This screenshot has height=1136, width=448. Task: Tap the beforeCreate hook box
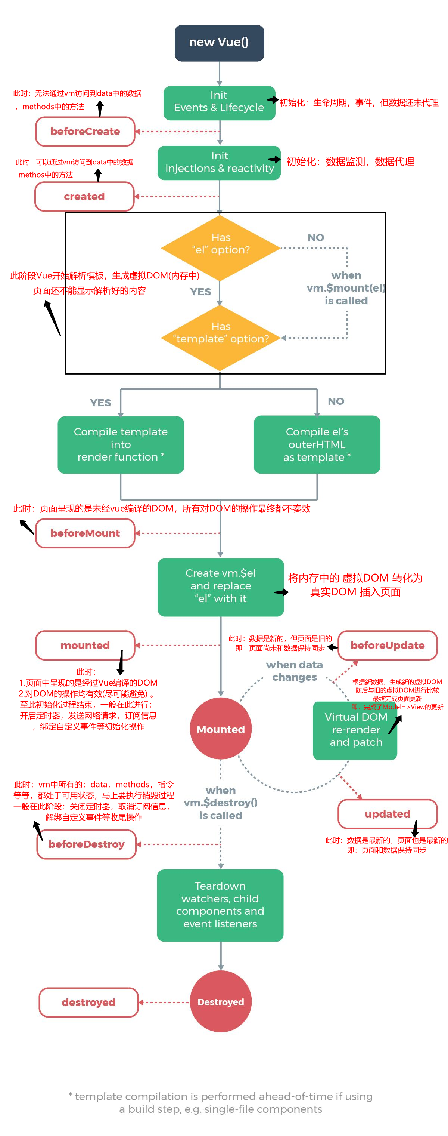[85, 132]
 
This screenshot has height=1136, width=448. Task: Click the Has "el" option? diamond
[220, 247]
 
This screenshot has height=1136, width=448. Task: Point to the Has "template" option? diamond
[220, 337]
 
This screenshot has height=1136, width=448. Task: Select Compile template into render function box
[120, 444]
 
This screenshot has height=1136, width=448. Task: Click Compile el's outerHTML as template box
[316, 444]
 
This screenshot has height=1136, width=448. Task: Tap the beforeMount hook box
[85, 533]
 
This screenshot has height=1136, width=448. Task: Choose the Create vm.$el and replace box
[220, 586]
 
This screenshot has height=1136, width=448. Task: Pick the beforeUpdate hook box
[387, 645]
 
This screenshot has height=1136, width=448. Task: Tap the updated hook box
[387, 814]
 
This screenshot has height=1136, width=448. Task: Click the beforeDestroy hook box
[86, 844]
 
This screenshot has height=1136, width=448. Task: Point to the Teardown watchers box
[220, 905]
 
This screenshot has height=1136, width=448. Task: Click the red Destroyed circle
[220, 1001]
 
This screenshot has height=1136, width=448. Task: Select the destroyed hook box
[88, 1002]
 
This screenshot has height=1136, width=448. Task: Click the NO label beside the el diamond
[315, 238]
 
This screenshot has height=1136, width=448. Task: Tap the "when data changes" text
[294, 670]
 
